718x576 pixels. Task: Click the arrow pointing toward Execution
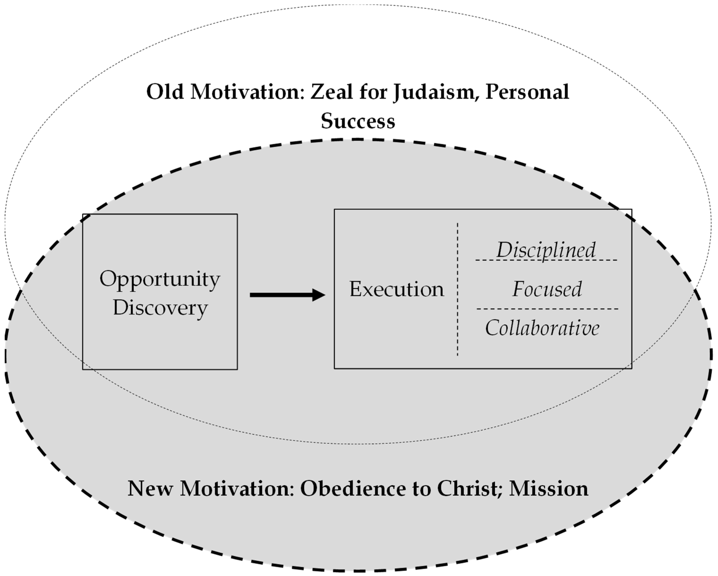(x=287, y=295)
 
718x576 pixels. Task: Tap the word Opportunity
(x=160, y=279)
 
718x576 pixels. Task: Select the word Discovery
(x=160, y=308)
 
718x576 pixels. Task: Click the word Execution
(x=396, y=289)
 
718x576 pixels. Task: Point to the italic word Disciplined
(x=546, y=250)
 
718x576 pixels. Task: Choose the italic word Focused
(x=547, y=289)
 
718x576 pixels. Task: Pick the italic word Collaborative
(x=542, y=328)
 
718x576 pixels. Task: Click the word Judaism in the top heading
(x=434, y=92)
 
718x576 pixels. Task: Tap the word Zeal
(x=331, y=92)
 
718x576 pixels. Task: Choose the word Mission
(x=549, y=489)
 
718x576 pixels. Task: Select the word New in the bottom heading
(x=150, y=489)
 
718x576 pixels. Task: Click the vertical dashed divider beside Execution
(x=458, y=289)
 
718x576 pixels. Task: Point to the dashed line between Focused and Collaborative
(x=547, y=309)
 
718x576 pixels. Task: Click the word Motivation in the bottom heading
(x=237, y=489)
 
